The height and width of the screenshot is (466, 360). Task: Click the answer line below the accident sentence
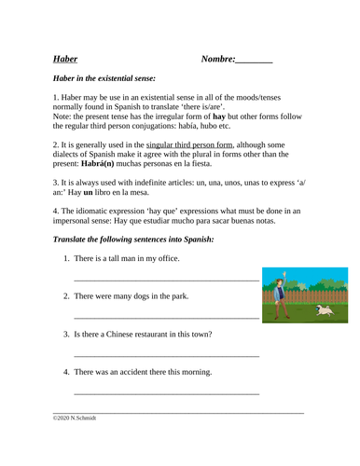(x=165, y=394)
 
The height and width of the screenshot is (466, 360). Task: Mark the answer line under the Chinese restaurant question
(x=165, y=356)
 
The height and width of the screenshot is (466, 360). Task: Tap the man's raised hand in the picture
(x=284, y=276)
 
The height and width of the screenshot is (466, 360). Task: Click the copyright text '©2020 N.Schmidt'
(x=75, y=418)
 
